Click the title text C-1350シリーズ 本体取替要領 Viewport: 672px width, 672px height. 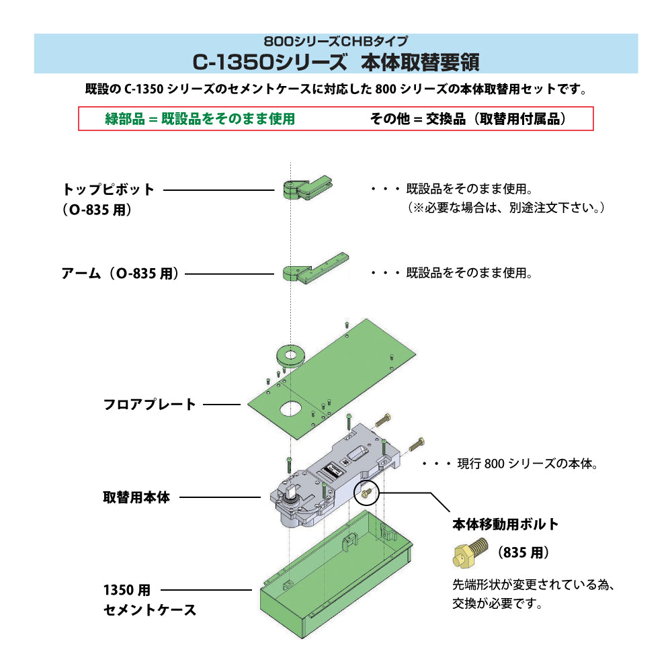336,62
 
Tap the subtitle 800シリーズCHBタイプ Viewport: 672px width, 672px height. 336,41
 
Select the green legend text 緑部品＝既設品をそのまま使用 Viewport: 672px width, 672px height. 200,119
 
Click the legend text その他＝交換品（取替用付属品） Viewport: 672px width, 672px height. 468,119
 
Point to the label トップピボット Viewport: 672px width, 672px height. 108,190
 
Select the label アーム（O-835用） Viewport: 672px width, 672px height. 120,274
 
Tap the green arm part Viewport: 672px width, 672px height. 315,268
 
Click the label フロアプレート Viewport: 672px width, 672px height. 150,404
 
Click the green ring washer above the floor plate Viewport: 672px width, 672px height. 290,355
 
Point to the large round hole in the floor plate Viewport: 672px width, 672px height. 291,409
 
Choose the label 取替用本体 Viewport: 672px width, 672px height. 136,497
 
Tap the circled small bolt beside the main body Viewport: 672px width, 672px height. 366,493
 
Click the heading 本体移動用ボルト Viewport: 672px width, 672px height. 505,524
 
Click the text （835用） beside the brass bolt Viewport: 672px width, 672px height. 523,552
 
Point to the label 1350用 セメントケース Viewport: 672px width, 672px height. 150,599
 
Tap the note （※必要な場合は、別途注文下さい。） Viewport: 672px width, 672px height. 506,208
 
